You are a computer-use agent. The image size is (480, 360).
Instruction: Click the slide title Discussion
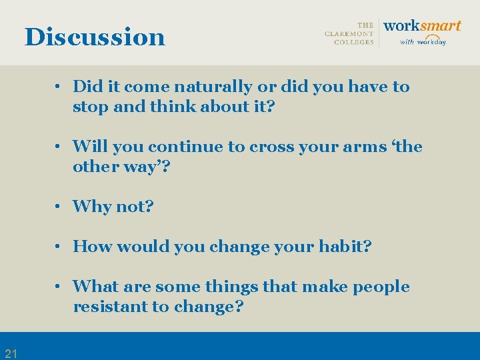pos(95,37)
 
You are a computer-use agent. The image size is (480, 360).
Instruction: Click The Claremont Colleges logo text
pos(349,33)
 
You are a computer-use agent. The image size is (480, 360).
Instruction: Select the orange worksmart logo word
pos(422,26)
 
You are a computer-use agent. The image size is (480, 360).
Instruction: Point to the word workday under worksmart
pos(431,42)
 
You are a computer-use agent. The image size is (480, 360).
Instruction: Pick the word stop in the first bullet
pos(90,107)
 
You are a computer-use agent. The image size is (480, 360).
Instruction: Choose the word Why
pos(92,207)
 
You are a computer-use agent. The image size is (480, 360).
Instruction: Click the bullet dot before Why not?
pos(59,207)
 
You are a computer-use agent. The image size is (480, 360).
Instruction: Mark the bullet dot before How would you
pos(59,247)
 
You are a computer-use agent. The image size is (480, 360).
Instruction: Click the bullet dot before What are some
pos(59,287)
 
